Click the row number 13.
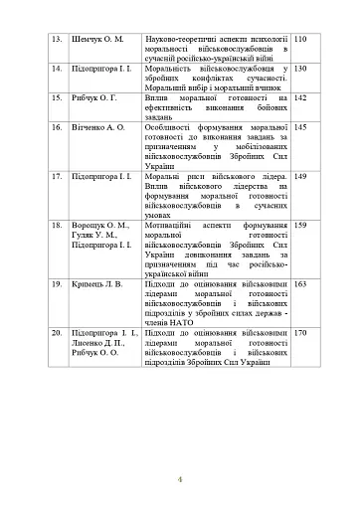pos(57,38)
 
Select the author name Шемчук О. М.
pos(104,38)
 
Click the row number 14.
pos(57,69)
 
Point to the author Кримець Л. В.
pos(102,284)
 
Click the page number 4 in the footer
pos(180,481)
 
